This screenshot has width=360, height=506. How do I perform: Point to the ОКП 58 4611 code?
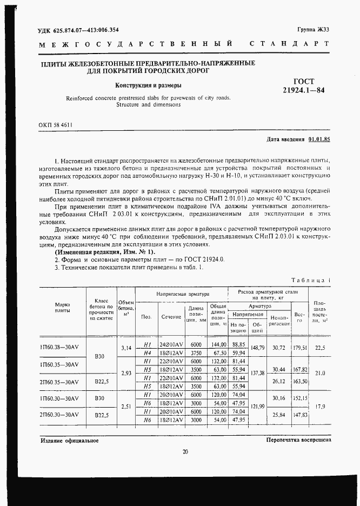point(56,124)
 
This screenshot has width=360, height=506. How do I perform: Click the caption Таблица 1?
point(309,280)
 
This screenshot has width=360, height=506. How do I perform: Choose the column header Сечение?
point(171,316)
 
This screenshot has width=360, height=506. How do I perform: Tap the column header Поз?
point(146,316)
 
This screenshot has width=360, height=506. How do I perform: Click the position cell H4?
point(146,351)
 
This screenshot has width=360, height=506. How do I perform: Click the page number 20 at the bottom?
point(185,452)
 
